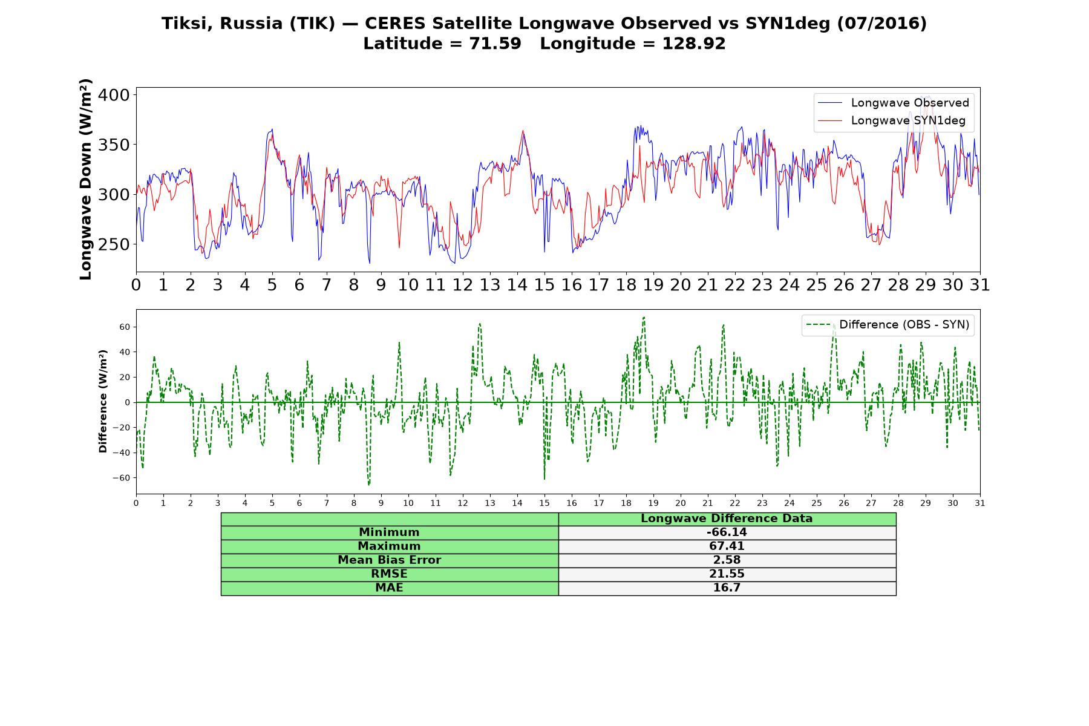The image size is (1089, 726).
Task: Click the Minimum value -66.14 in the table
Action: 727,532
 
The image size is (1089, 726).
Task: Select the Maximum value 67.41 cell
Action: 727,546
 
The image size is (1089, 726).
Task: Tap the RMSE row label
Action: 390,574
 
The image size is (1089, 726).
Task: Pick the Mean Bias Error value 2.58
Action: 727,560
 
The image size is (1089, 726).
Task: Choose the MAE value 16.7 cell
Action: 727,588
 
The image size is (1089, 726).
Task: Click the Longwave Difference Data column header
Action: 727,518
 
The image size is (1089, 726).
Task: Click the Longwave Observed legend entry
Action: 893,103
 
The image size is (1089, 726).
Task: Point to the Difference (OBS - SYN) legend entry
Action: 888,325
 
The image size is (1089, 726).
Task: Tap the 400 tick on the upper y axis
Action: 114,95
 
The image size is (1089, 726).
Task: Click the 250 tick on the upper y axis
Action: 114,244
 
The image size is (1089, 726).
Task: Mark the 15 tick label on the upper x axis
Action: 544,285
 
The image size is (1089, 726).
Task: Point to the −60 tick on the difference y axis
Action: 121,478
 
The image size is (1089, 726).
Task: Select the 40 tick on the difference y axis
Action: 125,352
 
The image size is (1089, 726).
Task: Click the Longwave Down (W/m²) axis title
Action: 85,179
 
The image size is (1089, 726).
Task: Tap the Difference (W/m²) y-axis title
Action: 103,402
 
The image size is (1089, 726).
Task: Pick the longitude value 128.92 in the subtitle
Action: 694,44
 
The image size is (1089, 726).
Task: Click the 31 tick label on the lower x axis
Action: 980,503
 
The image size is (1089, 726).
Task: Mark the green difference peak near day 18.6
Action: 644,317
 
